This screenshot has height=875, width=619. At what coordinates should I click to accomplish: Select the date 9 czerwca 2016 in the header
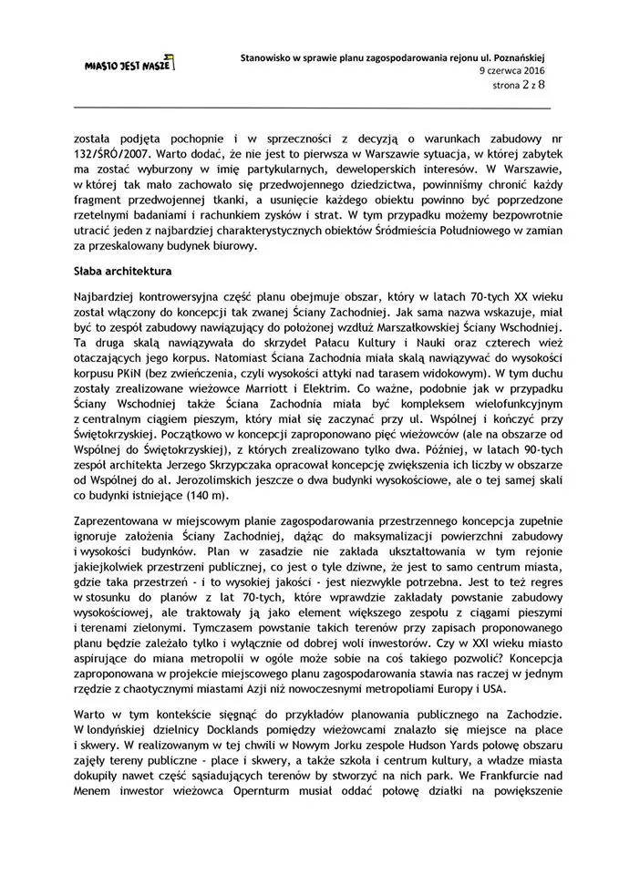512,69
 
